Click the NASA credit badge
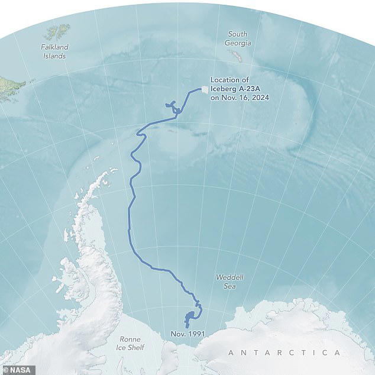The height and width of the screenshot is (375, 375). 18,370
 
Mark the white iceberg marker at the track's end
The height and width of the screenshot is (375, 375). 205,90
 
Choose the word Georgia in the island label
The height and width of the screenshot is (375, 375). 239,43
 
